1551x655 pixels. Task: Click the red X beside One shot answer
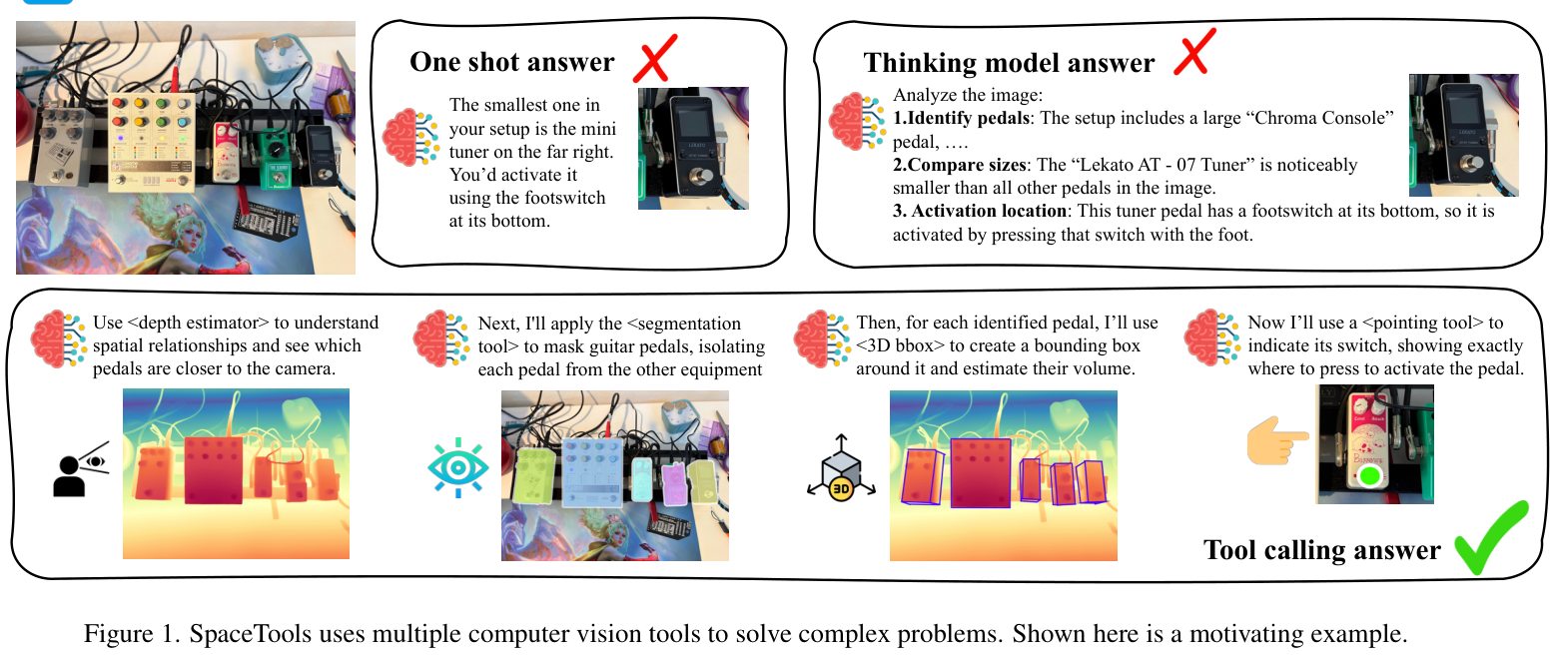(654, 59)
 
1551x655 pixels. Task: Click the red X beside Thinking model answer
(1193, 51)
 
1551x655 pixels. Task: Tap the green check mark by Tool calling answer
(1490, 540)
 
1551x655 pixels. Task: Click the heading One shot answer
(511, 63)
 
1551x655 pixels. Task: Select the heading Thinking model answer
(1009, 63)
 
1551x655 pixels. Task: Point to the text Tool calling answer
(1321, 550)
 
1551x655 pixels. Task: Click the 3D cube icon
(841, 469)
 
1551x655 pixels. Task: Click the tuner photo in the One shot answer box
(692, 148)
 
